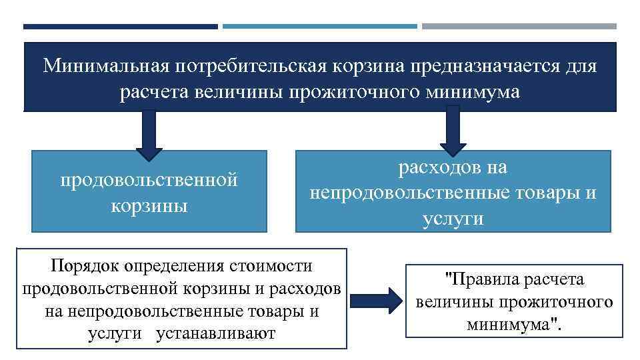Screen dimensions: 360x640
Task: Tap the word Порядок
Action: point(84,266)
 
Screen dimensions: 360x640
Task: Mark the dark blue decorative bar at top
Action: point(120,27)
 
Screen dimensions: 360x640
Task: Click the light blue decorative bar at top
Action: point(319,27)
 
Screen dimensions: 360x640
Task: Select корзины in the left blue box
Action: point(149,205)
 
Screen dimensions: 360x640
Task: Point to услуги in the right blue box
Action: point(453,219)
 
